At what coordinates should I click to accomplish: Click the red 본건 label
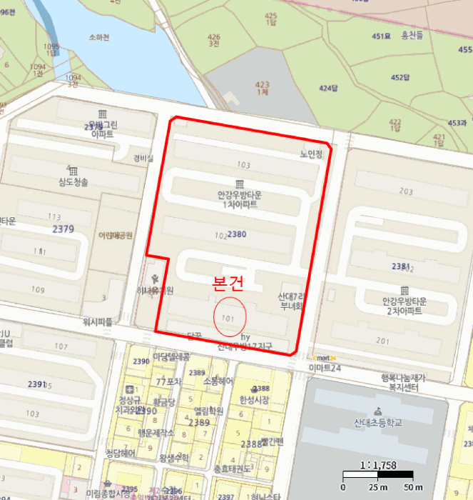point(228,283)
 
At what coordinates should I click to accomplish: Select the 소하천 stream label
point(100,37)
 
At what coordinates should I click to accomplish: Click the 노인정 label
point(312,154)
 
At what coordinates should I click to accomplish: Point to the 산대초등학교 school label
point(377,422)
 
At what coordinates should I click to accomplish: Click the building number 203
point(406,191)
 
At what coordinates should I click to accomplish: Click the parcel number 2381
point(401,266)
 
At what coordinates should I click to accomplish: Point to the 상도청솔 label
point(73,182)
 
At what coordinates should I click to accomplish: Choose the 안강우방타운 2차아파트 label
point(403,306)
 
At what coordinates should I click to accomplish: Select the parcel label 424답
point(327,88)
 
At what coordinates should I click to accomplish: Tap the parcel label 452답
point(401,77)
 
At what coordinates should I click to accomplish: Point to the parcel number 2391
point(37,384)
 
